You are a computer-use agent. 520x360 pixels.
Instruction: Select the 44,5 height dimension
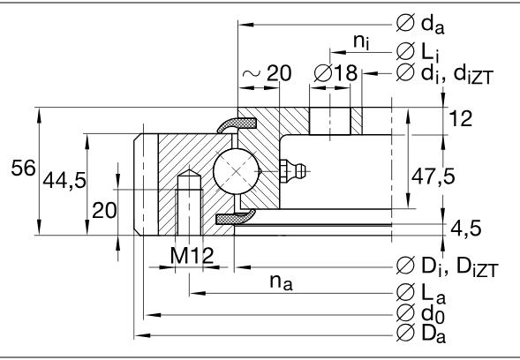[x=64, y=181]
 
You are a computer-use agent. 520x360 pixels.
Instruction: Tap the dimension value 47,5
[x=433, y=176]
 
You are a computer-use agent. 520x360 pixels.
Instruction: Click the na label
[x=283, y=281]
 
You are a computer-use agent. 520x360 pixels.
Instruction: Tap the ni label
[x=359, y=41]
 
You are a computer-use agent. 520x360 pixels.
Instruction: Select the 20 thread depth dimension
[x=104, y=210]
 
